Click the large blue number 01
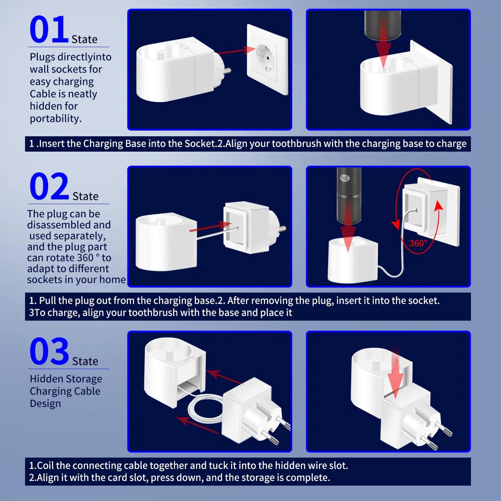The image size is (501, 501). (x=48, y=29)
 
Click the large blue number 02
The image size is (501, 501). (x=49, y=186)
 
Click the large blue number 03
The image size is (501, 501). (x=49, y=351)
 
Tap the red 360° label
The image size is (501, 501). (x=418, y=243)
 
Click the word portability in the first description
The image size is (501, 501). (x=56, y=119)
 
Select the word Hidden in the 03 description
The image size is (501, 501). (x=45, y=379)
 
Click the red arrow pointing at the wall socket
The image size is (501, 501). (x=237, y=50)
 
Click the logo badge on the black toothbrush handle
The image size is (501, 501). (x=345, y=178)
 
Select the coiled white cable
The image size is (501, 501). (x=205, y=408)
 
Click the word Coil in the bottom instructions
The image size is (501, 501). (x=46, y=466)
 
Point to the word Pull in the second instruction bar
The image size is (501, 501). (x=48, y=301)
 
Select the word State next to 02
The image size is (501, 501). (x=86, y=196)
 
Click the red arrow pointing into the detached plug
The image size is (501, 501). (x=210, y=226)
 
